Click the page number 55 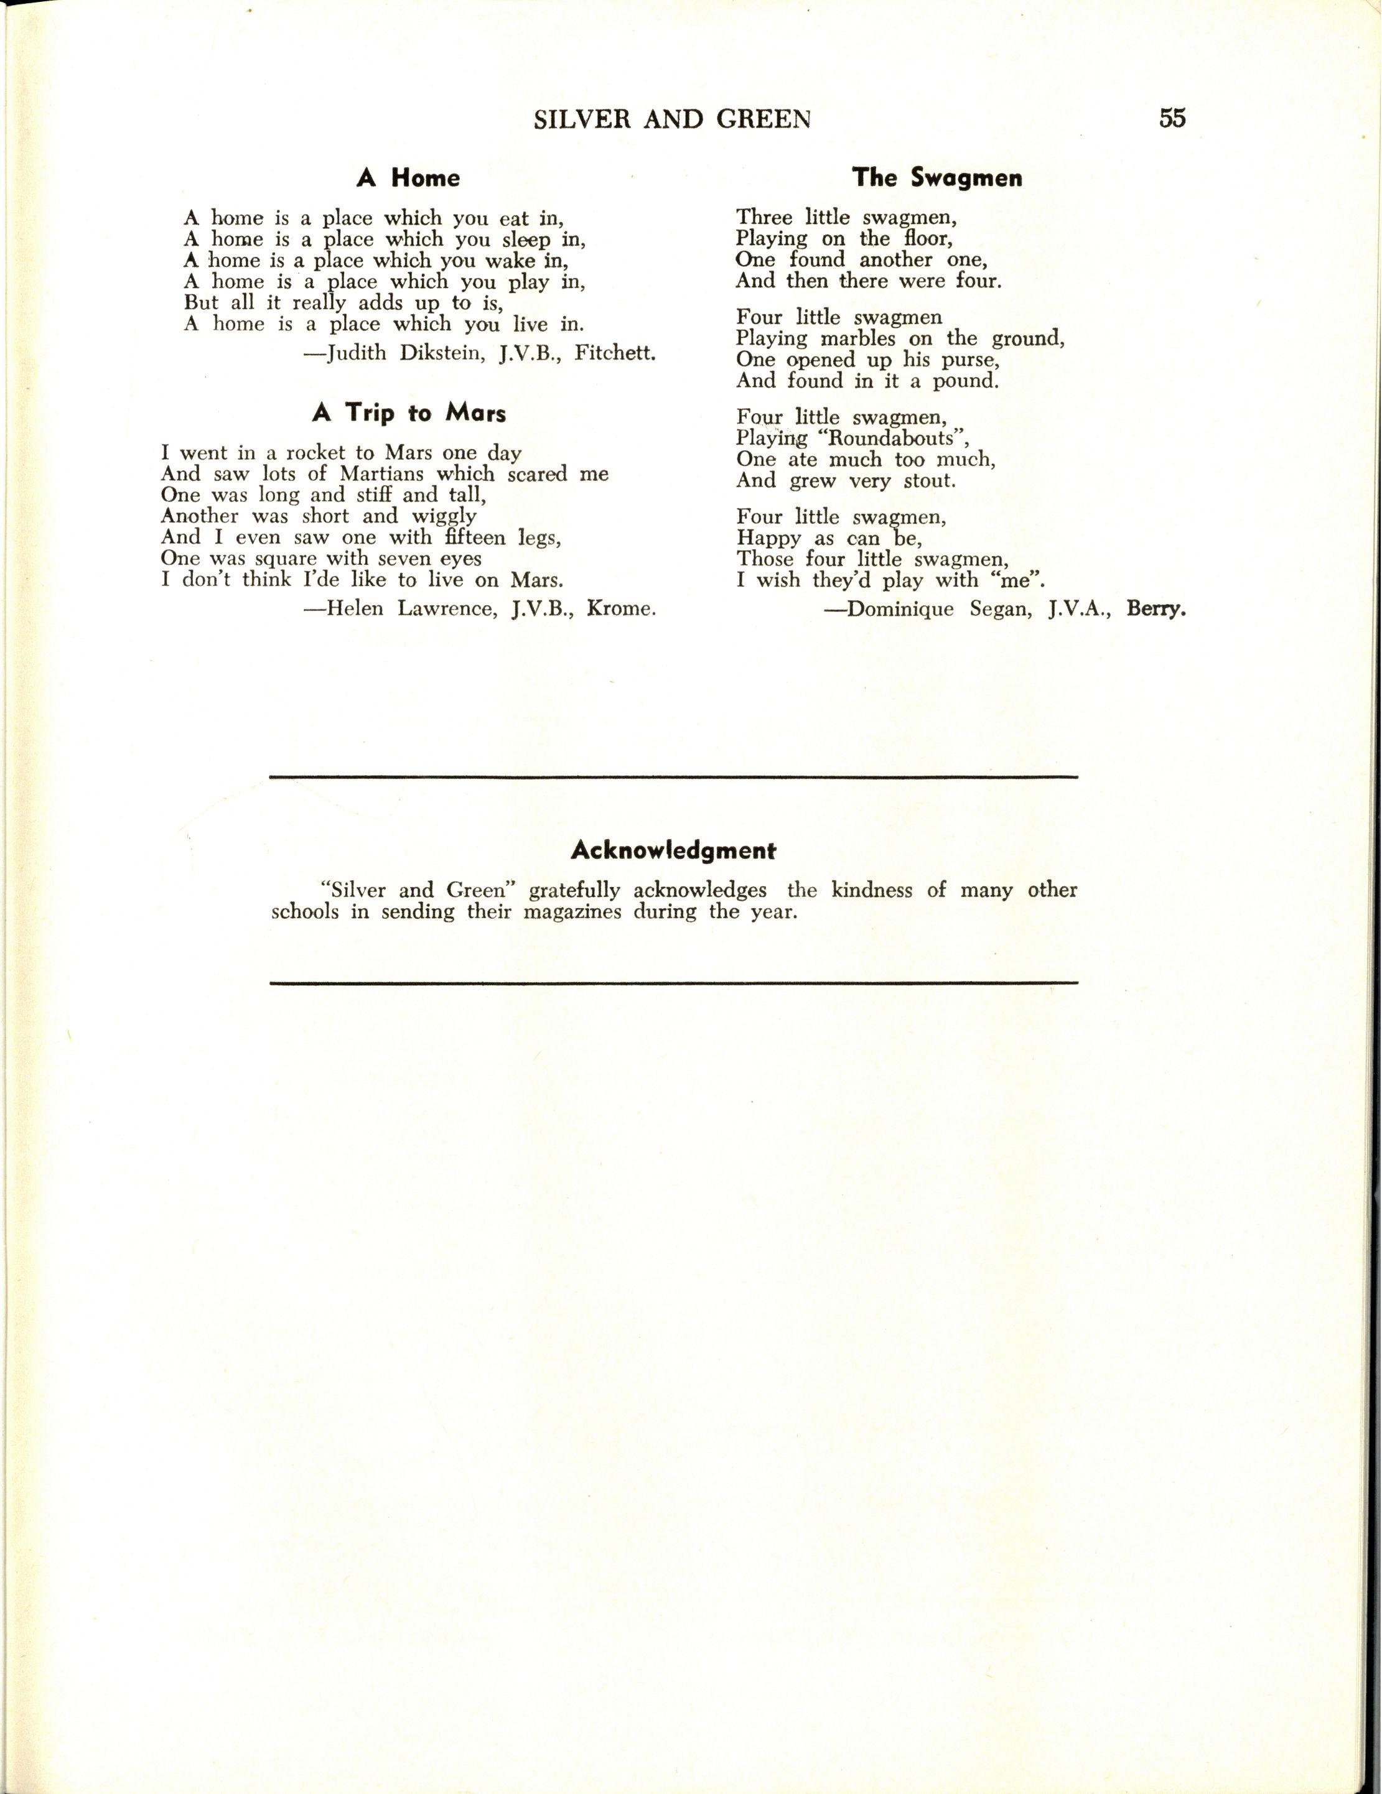click(1172, 118)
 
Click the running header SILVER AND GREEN click(672, 120)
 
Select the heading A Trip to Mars click(408, 412)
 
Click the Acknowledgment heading click(674, 850)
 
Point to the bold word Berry click(1156, 610)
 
